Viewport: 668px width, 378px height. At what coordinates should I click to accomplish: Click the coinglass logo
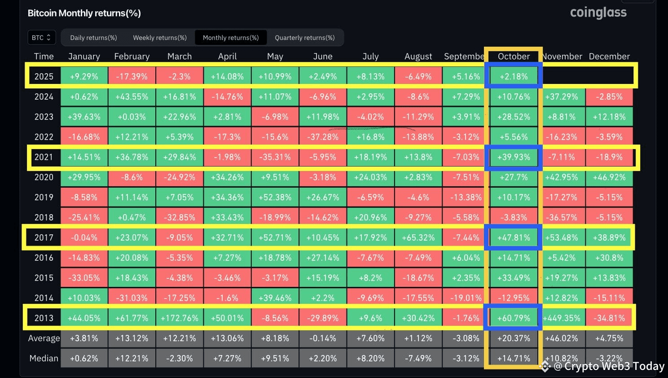point(598,13)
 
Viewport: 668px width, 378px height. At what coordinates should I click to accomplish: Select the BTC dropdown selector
point(41,38)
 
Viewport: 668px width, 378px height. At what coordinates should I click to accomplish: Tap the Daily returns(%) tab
point(93,38)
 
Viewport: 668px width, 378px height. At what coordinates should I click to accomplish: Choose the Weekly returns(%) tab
point(160,38)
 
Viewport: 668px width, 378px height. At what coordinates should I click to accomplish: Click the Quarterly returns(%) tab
point(305,38)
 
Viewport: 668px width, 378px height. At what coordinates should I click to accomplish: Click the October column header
point(514,57)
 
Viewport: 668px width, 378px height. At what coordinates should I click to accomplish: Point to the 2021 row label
point(44,157)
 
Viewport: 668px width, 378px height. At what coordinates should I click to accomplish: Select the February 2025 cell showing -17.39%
point(132,77)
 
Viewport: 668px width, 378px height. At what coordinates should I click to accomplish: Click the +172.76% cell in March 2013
point(180,318)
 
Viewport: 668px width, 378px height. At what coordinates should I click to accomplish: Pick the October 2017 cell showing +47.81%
point(514,237)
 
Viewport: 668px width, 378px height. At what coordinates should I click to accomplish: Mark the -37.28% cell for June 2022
point(323,137)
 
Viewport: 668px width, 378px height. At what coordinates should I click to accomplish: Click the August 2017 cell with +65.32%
point(418,237)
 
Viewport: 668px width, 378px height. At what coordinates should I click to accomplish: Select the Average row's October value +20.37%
point(514,338)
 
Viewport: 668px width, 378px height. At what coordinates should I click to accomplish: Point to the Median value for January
point(84,358)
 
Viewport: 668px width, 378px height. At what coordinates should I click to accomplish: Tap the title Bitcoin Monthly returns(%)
point(84,13)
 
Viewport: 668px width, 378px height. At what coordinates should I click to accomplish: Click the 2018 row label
point(44,218)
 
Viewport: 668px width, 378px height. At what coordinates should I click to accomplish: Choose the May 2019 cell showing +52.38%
point(275,198)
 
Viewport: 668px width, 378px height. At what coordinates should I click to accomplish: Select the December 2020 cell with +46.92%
point(609,177)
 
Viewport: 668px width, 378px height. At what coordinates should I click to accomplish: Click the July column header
point(370,57)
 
